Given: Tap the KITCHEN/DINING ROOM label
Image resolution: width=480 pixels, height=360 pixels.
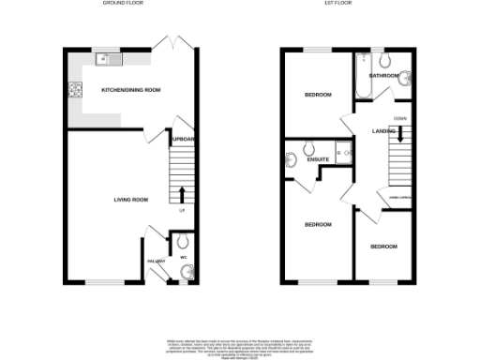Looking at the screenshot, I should pos(132,89).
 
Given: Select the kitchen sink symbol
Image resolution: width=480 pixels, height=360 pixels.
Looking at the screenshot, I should pos(111,60).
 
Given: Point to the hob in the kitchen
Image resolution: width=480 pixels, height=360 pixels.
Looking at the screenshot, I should pos(73,90).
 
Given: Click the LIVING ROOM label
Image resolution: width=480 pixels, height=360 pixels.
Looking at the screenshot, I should pos(131,199).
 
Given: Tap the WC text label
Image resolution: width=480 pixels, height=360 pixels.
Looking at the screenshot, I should pos(183,256).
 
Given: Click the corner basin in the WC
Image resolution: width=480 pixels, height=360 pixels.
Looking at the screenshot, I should pos(186,273).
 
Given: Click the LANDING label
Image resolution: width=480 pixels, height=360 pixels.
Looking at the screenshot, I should pos(383,130).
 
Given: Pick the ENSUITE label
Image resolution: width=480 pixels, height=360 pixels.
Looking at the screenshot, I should pos(319,158).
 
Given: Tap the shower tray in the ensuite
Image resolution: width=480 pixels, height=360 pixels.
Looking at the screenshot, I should pos(343,153).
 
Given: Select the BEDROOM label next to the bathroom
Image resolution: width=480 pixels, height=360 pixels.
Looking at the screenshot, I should pos(319,96).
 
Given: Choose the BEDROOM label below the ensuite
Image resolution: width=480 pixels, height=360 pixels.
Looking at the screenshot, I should pos(318,225).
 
